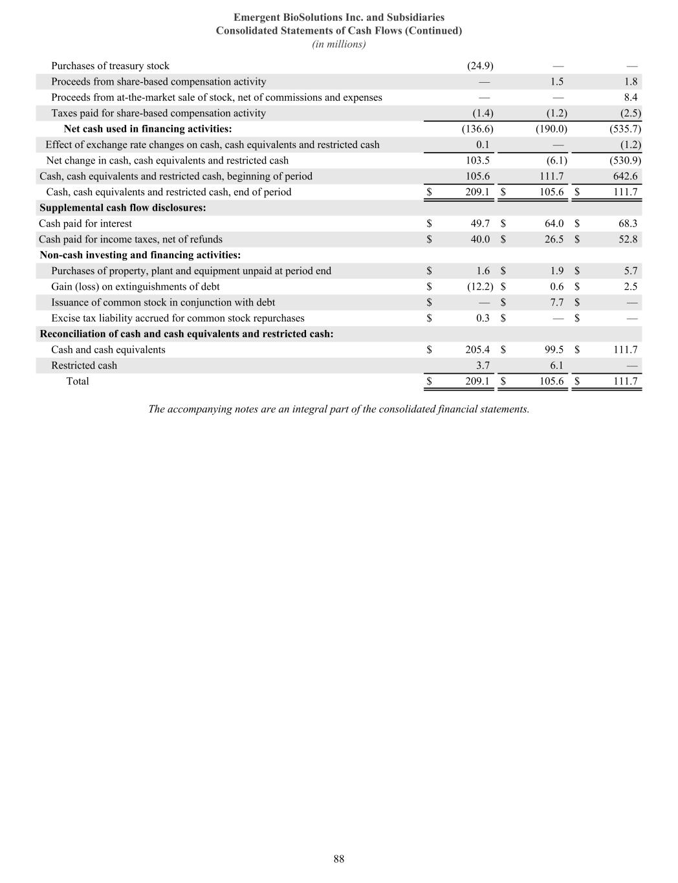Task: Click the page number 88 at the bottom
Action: (x=339, y=859)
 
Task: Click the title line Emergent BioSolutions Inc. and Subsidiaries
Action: (x=339, y=17)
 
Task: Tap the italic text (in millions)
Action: (x=339, y=44)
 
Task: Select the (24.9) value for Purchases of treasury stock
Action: (x=480, y=66)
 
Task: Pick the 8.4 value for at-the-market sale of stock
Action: (x=631, y=98)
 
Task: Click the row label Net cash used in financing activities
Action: (x=148, y=129)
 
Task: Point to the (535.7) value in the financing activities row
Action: (x=625, y=129)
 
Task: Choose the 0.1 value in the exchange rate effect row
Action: (x=483, y=145)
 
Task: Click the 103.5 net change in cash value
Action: (x=477, y=160)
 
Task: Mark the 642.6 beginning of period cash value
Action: (x=626, y=177)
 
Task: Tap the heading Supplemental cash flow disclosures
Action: (x=123, y=208)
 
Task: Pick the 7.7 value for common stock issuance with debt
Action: (x=556, y=303)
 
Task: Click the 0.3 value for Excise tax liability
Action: (x=483, y=318)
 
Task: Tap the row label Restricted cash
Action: (x=84, y=365)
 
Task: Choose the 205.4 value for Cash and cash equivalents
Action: (x=477, y=350)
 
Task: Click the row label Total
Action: (x=78, y=382)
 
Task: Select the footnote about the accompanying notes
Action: (x=339, y=409)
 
